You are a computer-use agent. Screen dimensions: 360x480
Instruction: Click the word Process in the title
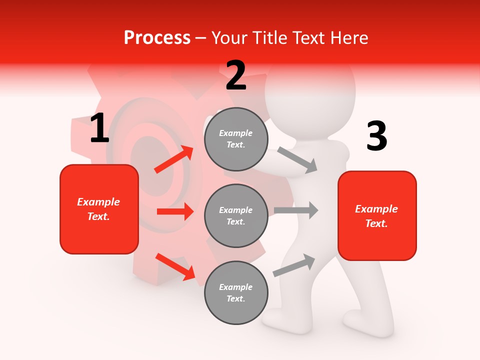[157, 38]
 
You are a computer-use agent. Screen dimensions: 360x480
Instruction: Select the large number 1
[99, 128]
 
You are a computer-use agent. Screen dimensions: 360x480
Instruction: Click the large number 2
[236, 75]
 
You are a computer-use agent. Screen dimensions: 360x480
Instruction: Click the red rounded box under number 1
[99, 209]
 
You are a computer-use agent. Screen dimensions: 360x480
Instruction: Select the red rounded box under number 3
[377, 215]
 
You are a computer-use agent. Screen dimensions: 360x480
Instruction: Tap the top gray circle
[236, 139]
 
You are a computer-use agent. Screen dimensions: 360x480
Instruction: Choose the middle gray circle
[236, 215]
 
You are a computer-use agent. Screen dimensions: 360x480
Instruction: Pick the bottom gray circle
[236, 292]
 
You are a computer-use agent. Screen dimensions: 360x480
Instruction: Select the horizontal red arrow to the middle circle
[175, 211]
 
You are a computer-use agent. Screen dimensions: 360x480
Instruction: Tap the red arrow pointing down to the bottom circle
[175, 266]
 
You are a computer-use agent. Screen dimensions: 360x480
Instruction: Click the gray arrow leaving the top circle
[297, 159]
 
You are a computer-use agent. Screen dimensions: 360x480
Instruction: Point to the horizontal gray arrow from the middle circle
[296, 210]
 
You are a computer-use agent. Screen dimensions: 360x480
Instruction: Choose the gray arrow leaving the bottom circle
[294, 265]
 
